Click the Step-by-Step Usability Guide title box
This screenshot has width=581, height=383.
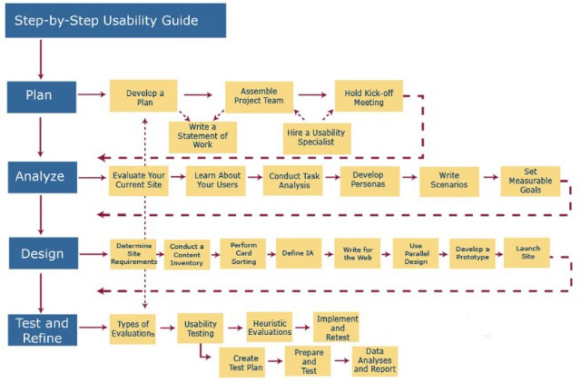pyautogui.click(x=115, y=20)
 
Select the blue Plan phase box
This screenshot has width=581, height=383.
pyautogui.click(x=42, y=97)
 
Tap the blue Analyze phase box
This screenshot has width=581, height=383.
pyautogui.click(x=43, y=177)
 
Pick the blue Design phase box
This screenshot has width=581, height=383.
pyautogui.click(x=44, y=253)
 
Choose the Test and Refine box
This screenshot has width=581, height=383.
pyautogui.click(x=43, y=330)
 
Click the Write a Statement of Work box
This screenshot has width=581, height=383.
pyautogui.click(x=202, y=137)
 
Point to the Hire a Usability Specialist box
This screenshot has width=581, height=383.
pyautogui.click(x=317, y=139)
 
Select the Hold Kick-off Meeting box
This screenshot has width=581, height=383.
pyautogui.click(x=369, y=95)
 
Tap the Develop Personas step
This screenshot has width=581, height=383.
pyautogui.click(x=369, y=182)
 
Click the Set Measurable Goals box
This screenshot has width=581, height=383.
pyautogui.click(x=530, y=182)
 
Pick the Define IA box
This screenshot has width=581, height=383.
pyautogui.click(x=299, y=253)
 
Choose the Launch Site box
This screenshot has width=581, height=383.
pyautogui.click(x=527, y=252)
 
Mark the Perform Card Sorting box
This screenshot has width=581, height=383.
pyautogui.click(x=242, y=253)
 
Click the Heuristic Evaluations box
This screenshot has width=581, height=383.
pyautogui.click(x=270, y=327)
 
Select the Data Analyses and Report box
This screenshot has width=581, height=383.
pyautogui.click(x=375, y=361)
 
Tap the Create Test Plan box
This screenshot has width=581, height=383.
pyautogui.click(x=242, y=362)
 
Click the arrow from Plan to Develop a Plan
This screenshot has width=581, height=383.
pyautogui.click(x=92, y=94)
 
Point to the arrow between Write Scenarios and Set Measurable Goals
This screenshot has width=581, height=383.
pyautogui.click(x=490, y=177)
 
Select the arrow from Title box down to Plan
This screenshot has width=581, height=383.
pyautogui.click(x=41, y=59)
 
